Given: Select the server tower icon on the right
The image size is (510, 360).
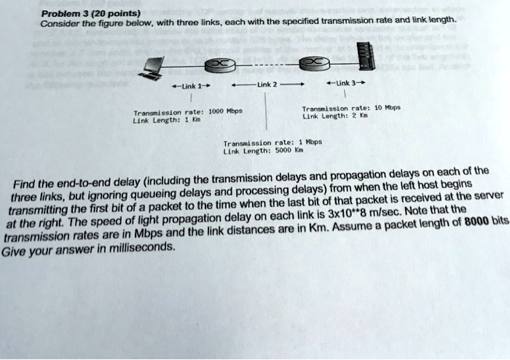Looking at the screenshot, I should [365, 58].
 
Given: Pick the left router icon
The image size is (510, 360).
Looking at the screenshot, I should [219, 66].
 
